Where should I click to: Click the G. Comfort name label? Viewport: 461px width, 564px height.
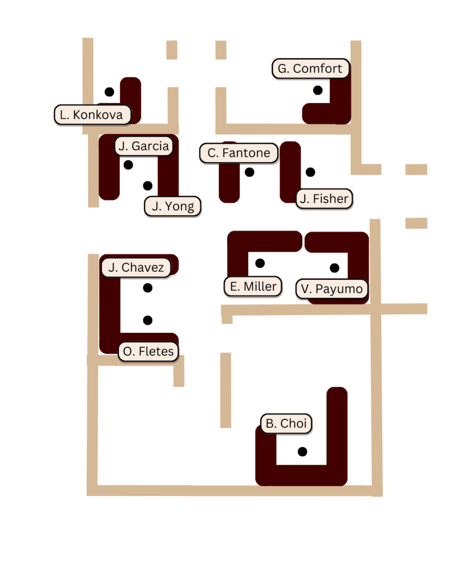(x=310, y=68)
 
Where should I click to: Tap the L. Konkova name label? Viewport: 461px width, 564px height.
(x=93, y=115)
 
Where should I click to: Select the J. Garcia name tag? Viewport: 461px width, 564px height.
(x=143, y=146)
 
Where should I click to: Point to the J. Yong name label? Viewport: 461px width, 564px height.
(x=172, y=206)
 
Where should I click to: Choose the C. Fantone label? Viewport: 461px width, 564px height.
(x=239, y=153)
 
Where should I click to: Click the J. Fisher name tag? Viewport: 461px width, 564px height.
(x=324, y=199)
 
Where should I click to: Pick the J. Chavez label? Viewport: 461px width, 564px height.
(x=136, y=268)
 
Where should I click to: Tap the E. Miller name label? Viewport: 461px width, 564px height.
(x=253, y=287)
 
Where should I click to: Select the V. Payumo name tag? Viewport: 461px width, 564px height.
(x=332, y=289)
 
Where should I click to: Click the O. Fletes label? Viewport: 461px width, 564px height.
(x=148, y=352)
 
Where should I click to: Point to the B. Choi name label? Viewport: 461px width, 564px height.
(x=286, y=423)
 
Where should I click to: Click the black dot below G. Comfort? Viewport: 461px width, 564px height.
(x=318, y=90)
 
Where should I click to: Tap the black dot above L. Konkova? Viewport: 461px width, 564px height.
(x=110, y=92)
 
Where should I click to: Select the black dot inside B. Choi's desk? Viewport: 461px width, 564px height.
(x=302, y=451)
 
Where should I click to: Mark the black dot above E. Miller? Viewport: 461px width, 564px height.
(x=260, y=263)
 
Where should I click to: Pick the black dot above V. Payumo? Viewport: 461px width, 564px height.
(x=335, y=268)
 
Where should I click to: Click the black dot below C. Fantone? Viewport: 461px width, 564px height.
(x=250, y=172)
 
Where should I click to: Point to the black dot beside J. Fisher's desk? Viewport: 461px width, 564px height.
(x=310, y=172)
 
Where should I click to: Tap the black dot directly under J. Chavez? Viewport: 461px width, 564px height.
(x=148, y=288)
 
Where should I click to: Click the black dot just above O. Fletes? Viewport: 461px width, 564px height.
(x=148, y=320)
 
